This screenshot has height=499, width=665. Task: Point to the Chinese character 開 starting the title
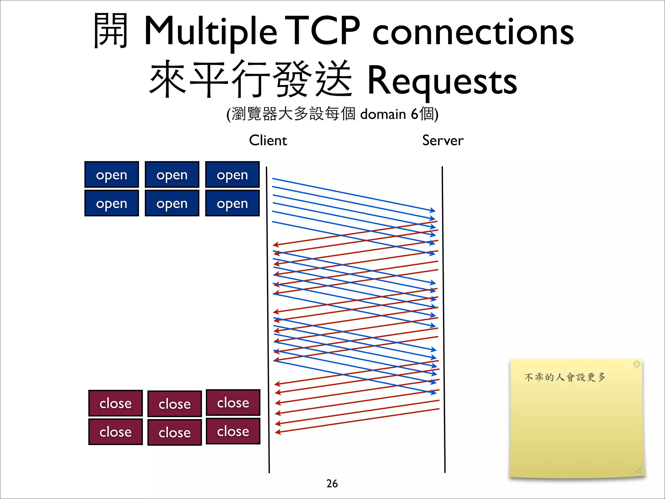pos(110,31)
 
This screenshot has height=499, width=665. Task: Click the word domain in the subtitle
pos(383,114)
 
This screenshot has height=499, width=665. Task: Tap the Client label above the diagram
pos(268,140)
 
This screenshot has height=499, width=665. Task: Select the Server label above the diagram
pos(443,140)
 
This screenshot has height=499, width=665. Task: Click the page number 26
pos(332,483)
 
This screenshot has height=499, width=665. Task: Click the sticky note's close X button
pos(636,364)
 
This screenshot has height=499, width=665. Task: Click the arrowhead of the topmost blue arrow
pos(433,210)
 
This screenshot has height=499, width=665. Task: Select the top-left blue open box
pos(111,175)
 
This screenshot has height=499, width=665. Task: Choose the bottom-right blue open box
pos(232,203)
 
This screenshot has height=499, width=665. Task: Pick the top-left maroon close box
pos(115,403)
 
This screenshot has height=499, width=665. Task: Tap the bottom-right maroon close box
pos(233,431)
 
